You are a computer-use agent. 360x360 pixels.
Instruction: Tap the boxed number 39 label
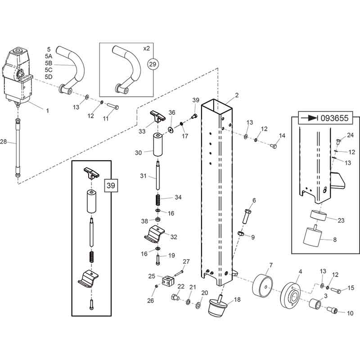click(x=111, y=184)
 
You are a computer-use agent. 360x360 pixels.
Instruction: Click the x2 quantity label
click(x=146, y=48)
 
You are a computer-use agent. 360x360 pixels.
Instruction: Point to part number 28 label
click(x=4, y=142)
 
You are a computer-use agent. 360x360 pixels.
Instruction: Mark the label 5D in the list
click(x=49, y=76)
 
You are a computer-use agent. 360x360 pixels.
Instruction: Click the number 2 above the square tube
click(x=237, y=96)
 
